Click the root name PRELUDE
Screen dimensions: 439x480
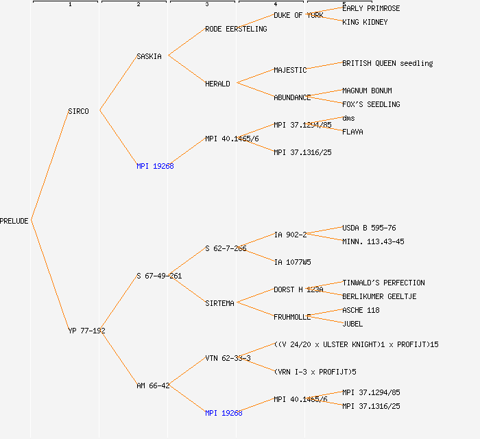pos(14,221)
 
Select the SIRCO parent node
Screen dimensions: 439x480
pos(78,111)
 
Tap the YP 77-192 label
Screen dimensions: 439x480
pos(86,331)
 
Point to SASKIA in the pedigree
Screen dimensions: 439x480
pos(149,56)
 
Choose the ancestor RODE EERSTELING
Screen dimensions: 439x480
pos(236,29)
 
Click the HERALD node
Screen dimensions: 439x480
pos(217,84)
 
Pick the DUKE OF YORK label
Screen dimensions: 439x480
pos(298,15)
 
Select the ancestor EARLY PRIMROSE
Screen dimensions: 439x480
pos(371,8)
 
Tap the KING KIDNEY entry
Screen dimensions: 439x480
pos(365,22)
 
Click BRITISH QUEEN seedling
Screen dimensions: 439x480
pos(387,63)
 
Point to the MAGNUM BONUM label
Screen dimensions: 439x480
pos(367,91)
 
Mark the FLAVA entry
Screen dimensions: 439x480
pos(352,132)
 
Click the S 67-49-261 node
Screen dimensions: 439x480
pos(159,276)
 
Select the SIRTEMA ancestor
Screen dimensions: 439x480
pos(219,303)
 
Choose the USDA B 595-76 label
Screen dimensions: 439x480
pos(369,228)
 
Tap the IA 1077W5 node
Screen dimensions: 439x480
pos(292,262)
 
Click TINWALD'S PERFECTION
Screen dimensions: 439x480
pos(383,283)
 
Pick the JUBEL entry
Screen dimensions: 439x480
pos(352,324)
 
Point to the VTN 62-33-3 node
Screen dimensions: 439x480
pos(228,358)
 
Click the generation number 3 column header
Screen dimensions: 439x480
pos(206,5)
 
